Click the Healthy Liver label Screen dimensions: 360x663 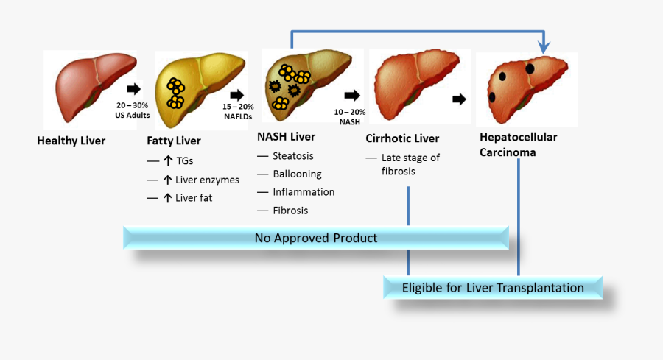tap(71, 141)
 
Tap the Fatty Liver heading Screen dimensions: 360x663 tap(174, 141)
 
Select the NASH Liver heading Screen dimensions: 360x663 tap(286, 136)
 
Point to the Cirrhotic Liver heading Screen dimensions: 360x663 tap(402, 138)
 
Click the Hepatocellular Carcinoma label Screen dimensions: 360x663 tap(518, 144)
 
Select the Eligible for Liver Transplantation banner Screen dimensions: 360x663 tap(493, 287)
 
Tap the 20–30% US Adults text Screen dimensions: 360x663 tap(133, 110)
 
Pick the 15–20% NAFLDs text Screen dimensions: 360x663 tap(238, 111)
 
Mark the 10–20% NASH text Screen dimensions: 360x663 tap(350, 116)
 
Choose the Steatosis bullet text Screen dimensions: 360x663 tap(293, 156)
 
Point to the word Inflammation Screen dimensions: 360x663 tap(304, 192)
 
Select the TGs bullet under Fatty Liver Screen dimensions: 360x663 tap(184, 161)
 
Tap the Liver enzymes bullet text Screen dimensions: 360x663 tap(207, 180)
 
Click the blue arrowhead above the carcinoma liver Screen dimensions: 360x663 tap(544, 46)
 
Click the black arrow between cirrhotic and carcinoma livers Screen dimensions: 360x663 tap(459, 99)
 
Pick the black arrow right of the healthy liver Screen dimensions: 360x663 tap(133, 89)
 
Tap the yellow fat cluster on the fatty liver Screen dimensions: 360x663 tap(175, 93)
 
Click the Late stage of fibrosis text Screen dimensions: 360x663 tap(410, 164)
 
